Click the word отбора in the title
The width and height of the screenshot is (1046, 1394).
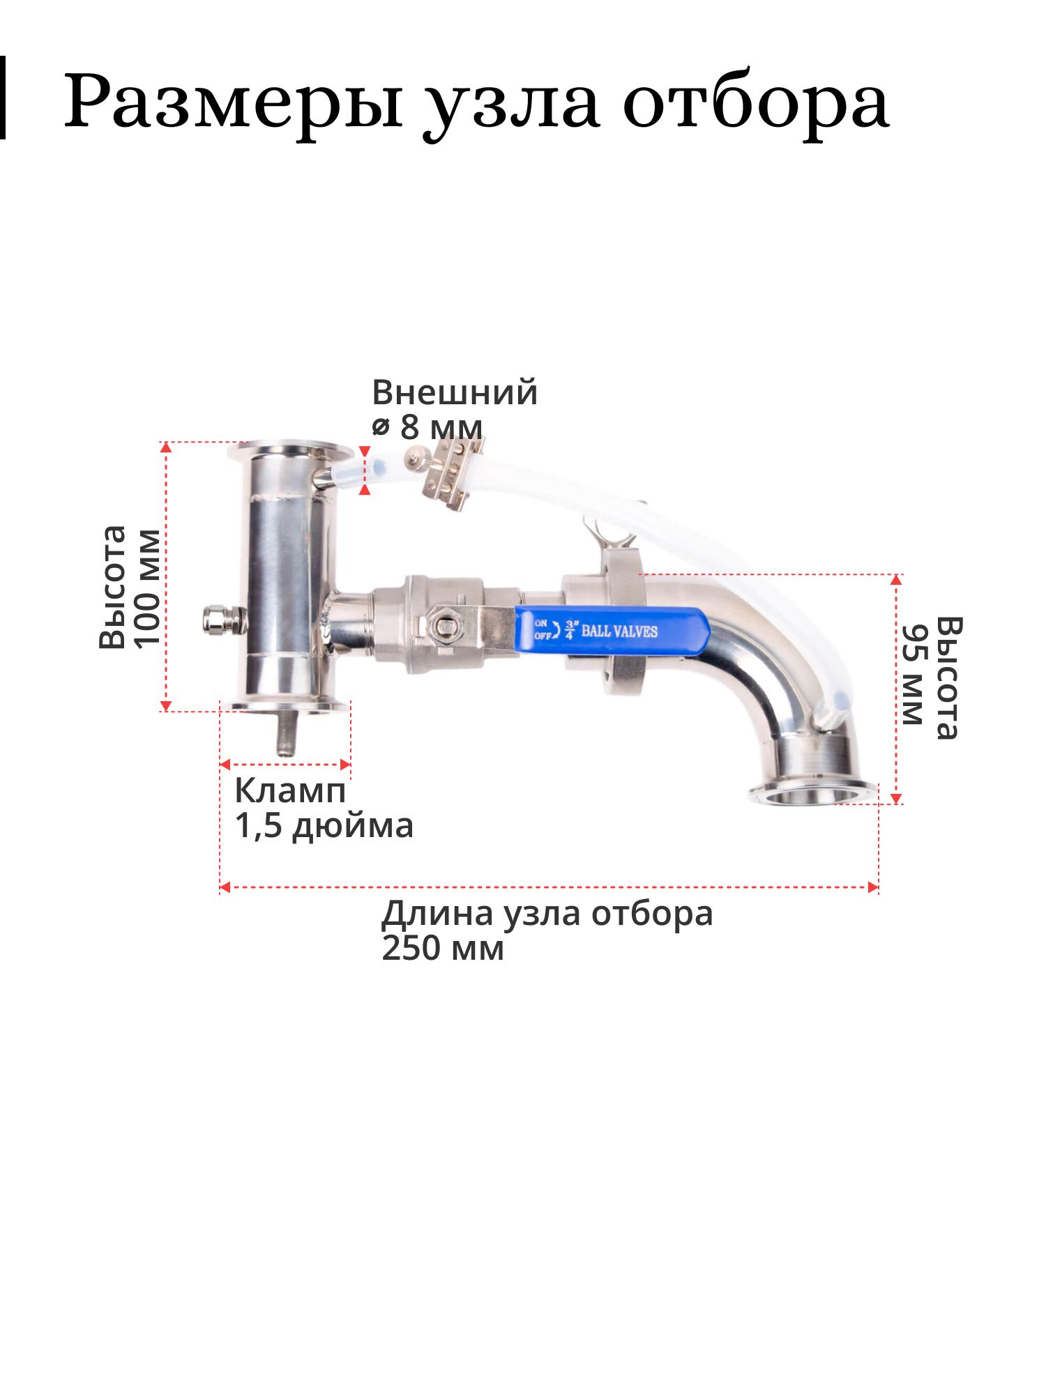pyautogui.click(x=756, y=101)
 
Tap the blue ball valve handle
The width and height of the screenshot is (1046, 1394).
pyautogui.click(x=612, y=630)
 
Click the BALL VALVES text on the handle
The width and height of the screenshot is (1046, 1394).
pyautogui.click(x=620, y=631)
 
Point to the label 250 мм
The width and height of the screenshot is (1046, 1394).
pyautogui.click(x=442, y=949)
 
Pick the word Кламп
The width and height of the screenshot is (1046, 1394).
pyautogui.click(x=290, y=791)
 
